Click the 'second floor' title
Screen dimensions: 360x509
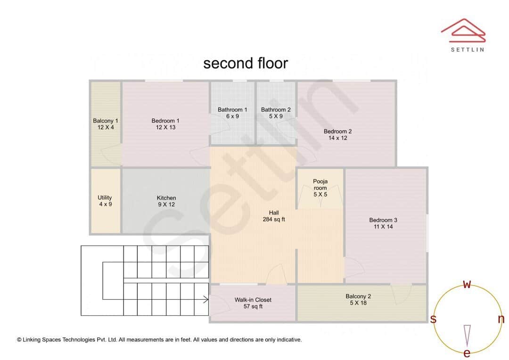pyautogui.click(x=245, y=63)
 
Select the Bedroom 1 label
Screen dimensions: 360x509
pyautogui.click(x=165, y=121)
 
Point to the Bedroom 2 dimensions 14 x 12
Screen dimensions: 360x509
pyautogui.click(x=337, y=138)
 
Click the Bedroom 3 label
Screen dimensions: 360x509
pyautogui.click(x=383, y=220)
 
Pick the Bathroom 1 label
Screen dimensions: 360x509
pyautogui.click(x=232, y=110)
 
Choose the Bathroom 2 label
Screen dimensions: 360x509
pyautogui.click(x=276, y=110)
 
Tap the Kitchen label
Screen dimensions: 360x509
pyautogui.click(x=166, y=198)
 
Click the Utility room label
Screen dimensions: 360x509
pyautogui.click(x=105, y=198)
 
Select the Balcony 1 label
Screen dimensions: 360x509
pyautogui.click(x=106, y=121)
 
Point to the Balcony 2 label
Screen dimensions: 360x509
pyautogui.click(x=358, y=296)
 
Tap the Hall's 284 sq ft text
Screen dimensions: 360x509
pyautogui.click(x=274, y=220)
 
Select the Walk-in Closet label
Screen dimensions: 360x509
pyautogui.click(x=253, y=300)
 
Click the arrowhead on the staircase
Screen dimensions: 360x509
pyautogui.click(x=206, y=299)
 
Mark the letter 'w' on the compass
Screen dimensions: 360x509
pyautogui.click(x=467, y=284)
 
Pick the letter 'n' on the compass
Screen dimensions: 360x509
pyautogui.click(x=501, y=319)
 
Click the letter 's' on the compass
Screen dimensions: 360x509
pyautogui.click(x=433, y=319)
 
